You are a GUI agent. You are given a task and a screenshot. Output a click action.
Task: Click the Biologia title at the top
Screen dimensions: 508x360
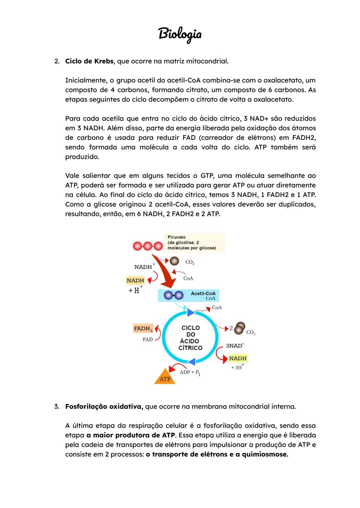point(180,34)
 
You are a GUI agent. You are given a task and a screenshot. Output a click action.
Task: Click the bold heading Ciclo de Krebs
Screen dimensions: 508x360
point(89,61)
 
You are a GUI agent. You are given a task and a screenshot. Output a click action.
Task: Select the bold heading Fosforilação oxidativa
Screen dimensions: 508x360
point(104,406)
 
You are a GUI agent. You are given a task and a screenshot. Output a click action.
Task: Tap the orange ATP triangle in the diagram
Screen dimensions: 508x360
point(165,378)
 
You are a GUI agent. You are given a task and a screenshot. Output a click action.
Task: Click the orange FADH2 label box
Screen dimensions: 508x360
point(143,328)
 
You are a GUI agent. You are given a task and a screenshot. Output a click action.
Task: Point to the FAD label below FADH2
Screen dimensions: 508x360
point(147,339)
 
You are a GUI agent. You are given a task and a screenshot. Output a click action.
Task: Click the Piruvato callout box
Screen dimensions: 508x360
point(194,243)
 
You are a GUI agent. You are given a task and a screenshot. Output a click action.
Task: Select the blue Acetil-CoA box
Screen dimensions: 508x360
point(189,295)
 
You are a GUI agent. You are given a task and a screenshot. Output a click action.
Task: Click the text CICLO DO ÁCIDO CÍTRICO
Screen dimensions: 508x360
point(190,338)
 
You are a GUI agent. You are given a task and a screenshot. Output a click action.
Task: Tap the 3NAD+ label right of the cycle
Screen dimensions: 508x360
point(235,346)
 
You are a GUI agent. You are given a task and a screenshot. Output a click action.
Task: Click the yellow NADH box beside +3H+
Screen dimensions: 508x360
point(238,358)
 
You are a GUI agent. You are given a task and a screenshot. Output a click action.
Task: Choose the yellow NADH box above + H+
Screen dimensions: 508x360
point(135,280)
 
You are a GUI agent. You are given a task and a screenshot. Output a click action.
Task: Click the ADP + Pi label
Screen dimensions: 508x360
point(190,372)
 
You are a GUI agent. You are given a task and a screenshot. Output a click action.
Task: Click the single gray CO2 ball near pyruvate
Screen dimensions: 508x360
point(174,261)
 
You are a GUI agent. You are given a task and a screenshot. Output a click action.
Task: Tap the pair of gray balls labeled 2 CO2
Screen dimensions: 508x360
point(239,328)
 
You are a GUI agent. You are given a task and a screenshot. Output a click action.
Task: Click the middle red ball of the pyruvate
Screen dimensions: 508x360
point(148,246)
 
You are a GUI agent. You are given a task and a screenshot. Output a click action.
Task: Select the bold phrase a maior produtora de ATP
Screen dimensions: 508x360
point(131,435)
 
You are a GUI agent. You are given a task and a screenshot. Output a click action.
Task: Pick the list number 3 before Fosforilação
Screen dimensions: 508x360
point(56,406)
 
